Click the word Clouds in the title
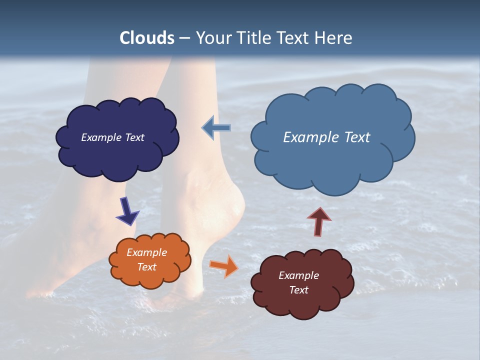[x=147, y=38]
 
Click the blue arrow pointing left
[x=216, y=128]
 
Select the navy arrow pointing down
[x=127, y=211]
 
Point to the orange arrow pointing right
[x=224, y=265]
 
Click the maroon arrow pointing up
[x=319, y=221]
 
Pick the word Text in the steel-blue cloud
[x=357, y=137]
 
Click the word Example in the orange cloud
[x=146, y=252]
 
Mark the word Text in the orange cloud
[x=146, y=267]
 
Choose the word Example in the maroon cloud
[x=298, y=275]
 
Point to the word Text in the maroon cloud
[x=298, y=290]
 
